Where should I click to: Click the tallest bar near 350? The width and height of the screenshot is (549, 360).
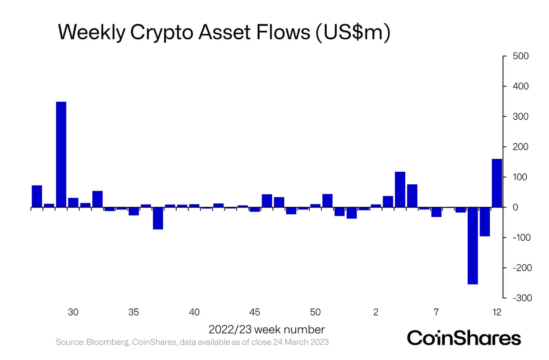61,154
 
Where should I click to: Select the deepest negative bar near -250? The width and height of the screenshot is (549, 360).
472,245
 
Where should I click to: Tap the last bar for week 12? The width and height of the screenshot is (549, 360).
497,183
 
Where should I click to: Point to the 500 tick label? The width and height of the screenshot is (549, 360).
521,56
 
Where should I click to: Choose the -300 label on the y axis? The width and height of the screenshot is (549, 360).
522,298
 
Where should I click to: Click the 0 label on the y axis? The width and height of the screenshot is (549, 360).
515,207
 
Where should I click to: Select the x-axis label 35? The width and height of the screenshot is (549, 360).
134,312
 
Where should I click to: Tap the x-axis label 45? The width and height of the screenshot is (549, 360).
254,312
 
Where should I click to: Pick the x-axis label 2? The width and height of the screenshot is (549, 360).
376,312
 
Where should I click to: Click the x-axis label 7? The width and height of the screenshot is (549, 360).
436,312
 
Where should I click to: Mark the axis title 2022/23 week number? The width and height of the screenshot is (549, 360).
267,329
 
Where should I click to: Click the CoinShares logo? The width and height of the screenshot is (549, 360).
464,338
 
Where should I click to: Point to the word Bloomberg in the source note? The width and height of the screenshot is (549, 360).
107,342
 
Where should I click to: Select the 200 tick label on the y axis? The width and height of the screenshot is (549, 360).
521,147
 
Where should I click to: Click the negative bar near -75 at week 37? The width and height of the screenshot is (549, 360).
158,218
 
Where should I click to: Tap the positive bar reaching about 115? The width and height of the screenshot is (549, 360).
400,189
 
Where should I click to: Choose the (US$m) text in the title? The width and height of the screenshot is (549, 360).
353,32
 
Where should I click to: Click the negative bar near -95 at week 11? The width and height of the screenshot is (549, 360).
485,222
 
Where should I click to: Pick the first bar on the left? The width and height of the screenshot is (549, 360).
37,196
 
